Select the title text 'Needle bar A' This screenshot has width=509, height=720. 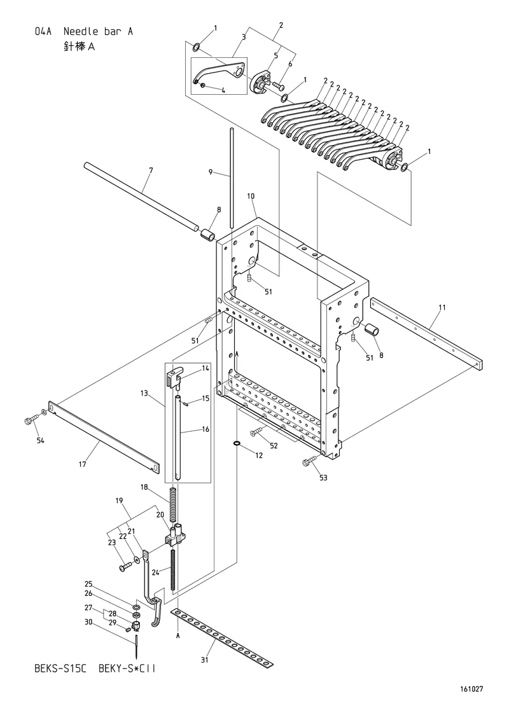point(99,31)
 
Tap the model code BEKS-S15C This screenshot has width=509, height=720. point(61,668)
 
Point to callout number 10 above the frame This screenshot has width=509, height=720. point(251,196)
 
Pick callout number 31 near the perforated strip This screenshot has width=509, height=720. point(205,660)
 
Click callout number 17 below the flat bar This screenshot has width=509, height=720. point(82,464)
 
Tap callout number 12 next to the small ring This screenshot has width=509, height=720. point(259,455)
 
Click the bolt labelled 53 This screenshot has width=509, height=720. point(308,462)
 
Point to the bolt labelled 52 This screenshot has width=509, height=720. point(257,431)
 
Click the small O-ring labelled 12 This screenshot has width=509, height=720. point(236,443)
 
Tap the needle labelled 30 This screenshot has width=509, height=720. point(137,646)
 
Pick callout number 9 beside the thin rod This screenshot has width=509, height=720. point(211,172)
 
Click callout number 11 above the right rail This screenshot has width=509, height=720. point(442,307)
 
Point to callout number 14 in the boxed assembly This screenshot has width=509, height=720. point(206,368)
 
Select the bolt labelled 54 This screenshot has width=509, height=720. point(29,420)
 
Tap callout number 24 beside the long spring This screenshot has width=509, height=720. point(156,572)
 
